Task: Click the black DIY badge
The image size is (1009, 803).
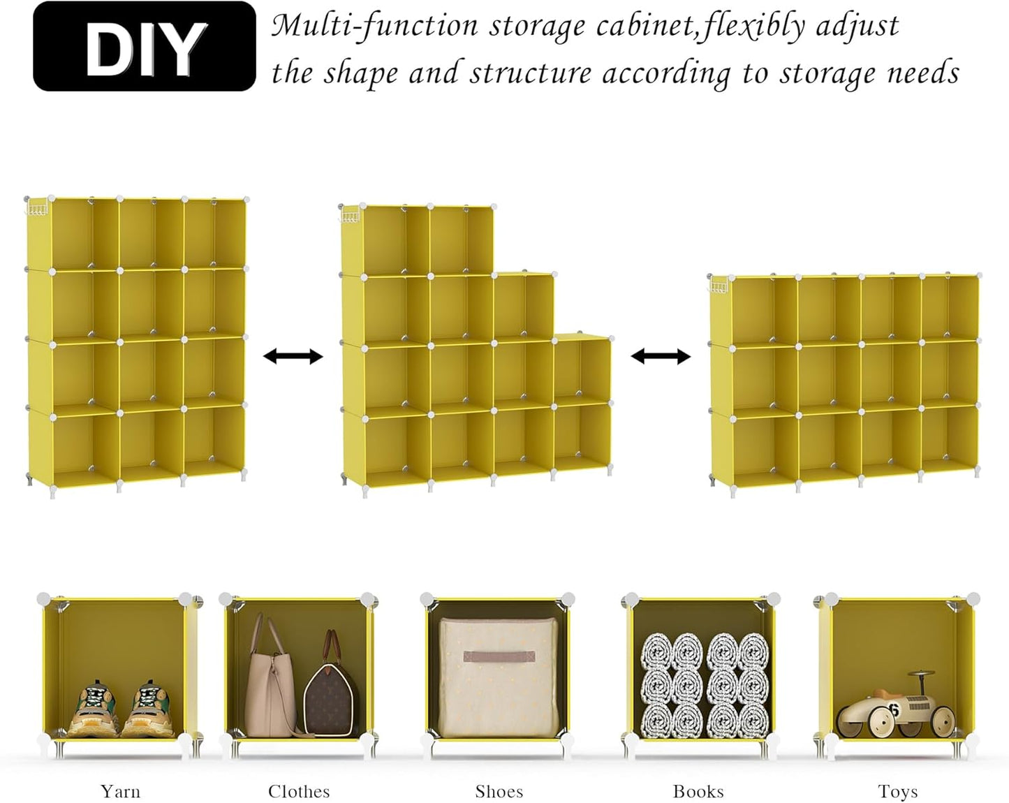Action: tap(145, 47)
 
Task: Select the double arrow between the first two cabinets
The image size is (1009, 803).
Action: tap(293, 357)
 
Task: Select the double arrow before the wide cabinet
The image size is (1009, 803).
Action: tap(661, 357)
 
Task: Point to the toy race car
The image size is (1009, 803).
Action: tap(896, 705)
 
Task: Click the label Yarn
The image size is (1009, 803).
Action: tap(120, 791)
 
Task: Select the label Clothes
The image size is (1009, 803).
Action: tap(299, 791)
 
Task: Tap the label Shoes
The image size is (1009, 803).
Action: tap(499, 791)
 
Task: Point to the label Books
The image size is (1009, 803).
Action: tap(698, 791)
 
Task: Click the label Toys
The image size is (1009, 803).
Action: tap(898, 791)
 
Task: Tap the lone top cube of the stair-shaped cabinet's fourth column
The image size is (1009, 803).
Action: tap(582, 369)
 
